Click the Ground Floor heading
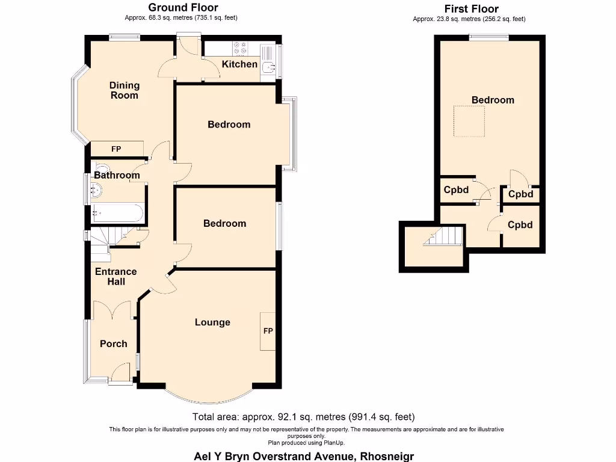point(183,7)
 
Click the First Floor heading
point(471,8)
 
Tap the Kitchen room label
point(239,64)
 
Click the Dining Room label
point(124,90)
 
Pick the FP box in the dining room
point(117,149)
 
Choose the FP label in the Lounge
point(268,331)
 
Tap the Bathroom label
point(117,175)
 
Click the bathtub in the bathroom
point(117,213)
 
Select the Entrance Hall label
point(115,276)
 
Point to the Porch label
point(113,343)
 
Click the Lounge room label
point(212,322)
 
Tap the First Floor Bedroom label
point(493,100)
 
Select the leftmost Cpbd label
point(456,189)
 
